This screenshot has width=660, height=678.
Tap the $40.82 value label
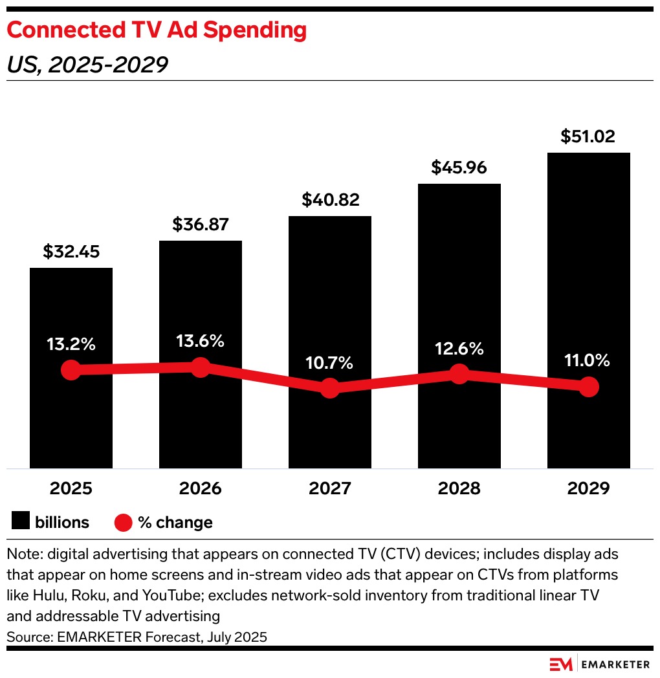pos(330,200)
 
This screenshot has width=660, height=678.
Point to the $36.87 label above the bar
pos(201,224)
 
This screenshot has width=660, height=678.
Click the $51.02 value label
pos(588,137)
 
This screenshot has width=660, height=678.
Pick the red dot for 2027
pos(330,388)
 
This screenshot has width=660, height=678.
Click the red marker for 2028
pos(459,373)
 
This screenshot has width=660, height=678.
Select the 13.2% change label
pos(71,344)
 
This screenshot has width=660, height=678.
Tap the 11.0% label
pos(588,360)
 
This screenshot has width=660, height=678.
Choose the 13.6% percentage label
pos(201,341)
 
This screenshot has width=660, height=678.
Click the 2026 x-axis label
pos(201,488)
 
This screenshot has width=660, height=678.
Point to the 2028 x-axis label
pos(459,488)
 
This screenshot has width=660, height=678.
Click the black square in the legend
pos(21,521)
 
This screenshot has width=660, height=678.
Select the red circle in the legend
pos(124,522)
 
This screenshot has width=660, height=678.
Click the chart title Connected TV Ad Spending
pos(156,30)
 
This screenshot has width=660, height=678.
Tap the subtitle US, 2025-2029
pos(87,65)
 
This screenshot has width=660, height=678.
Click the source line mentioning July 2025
pos(137,637)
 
